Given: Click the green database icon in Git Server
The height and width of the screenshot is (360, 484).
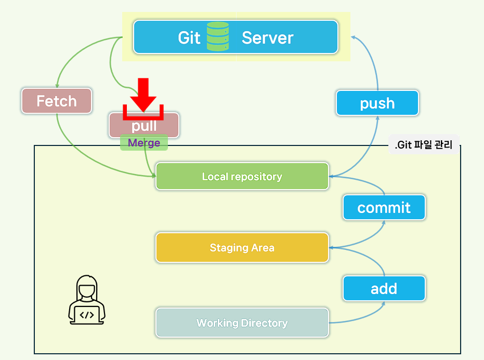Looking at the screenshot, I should click(218, 36).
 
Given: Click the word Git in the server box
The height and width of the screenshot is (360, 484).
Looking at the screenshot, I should click(189, 38).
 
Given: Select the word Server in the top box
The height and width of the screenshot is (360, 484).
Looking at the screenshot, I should click(267, 38).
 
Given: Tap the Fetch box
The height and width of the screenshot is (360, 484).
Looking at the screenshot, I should click(57, 101).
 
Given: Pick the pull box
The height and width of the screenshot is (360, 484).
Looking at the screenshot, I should click(144, 126).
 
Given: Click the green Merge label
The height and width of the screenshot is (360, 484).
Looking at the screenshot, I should click(144, 143).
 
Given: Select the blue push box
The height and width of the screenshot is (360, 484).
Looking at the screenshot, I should click(377, 103).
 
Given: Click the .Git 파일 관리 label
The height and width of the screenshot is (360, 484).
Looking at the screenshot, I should click(423, 145).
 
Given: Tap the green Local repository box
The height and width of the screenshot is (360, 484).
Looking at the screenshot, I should click(242, 177).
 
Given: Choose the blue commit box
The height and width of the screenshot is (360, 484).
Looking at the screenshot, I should click(384, 208).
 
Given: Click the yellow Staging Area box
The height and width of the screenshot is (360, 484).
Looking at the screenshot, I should click(242, 248).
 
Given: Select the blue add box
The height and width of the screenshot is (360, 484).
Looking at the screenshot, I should click(384, 288).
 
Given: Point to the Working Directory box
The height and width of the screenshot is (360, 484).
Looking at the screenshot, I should click(242, 323).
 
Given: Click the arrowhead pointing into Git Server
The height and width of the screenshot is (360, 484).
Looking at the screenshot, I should click(353, 37).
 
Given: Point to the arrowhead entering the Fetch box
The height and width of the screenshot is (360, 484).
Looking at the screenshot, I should click(57, 86).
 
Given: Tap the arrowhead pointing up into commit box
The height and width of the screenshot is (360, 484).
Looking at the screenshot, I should click(384, 222).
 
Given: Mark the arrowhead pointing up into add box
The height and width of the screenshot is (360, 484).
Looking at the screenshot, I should click(384, 303).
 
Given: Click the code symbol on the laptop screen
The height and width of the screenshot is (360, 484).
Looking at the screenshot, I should click(87, 314).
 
